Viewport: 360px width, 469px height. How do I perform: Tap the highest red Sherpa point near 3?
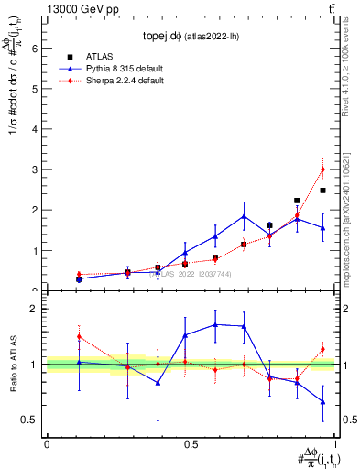tap(322, 169)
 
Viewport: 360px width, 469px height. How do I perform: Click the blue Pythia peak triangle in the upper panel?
tap(244, 216)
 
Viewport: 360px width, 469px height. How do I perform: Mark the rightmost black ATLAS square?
tap(322, 191)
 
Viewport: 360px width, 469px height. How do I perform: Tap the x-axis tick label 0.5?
tap(191, 443)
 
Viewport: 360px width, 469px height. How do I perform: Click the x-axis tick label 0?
tap(47, 443)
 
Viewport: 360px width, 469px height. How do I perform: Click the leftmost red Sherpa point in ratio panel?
tap(79, 336)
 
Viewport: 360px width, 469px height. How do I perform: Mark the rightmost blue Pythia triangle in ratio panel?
tap(322, 401)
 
